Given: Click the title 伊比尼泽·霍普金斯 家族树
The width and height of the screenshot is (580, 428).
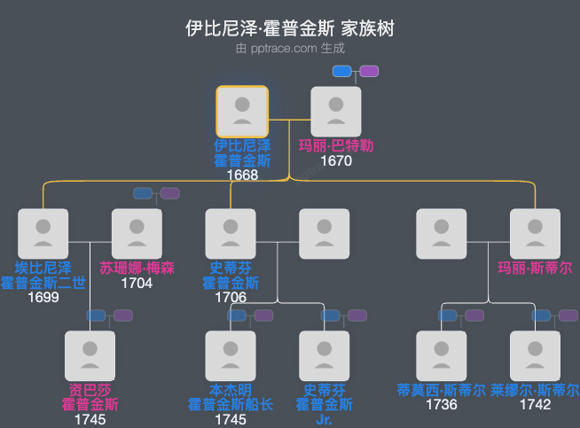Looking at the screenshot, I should pos(290,28).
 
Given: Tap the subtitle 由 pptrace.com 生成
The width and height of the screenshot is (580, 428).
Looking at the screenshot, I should pos(290,49).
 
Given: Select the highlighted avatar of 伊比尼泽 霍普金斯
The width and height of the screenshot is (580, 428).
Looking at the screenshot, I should pos(242,111).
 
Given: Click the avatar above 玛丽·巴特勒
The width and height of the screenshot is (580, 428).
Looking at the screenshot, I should pos(336,111).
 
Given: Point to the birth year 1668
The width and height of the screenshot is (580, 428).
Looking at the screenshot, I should pos(242,175).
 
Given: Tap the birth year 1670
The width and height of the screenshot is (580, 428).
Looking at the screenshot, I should pos(336,161).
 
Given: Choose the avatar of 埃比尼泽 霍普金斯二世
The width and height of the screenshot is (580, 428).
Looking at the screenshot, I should pos(43,234).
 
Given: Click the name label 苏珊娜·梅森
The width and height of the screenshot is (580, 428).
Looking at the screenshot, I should pos(137,268).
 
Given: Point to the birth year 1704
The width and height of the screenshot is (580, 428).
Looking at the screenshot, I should pos(137,284).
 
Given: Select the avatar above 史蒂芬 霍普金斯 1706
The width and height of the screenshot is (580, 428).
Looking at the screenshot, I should pos(231,234).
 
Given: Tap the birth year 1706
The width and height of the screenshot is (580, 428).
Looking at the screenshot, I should pos(231,298).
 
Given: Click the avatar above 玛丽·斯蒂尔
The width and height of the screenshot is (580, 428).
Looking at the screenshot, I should pos(535,234).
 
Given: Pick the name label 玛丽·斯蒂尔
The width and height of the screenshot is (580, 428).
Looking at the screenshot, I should pos(535,268).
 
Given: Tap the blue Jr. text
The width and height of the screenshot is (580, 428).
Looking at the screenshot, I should pos(324,419).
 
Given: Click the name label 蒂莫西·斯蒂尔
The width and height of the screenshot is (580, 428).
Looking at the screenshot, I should pos(442,390).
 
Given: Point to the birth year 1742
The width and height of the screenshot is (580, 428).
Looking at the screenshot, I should pos(535,405).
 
